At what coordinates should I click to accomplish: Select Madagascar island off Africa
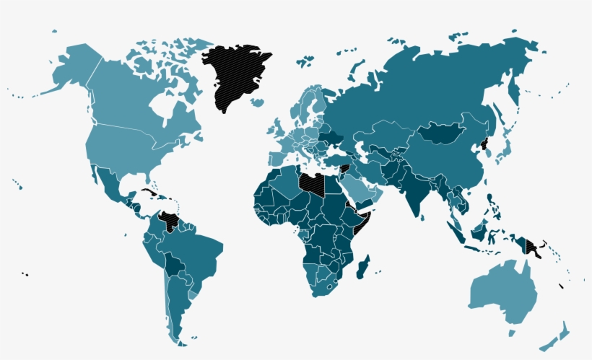coord(363,266)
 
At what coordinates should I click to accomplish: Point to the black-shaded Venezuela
coord(170,221)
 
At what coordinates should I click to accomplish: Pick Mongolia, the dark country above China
coord(442,133)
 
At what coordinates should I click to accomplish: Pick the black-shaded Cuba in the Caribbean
coord(149,193)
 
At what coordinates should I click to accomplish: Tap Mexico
coord(108,183)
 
